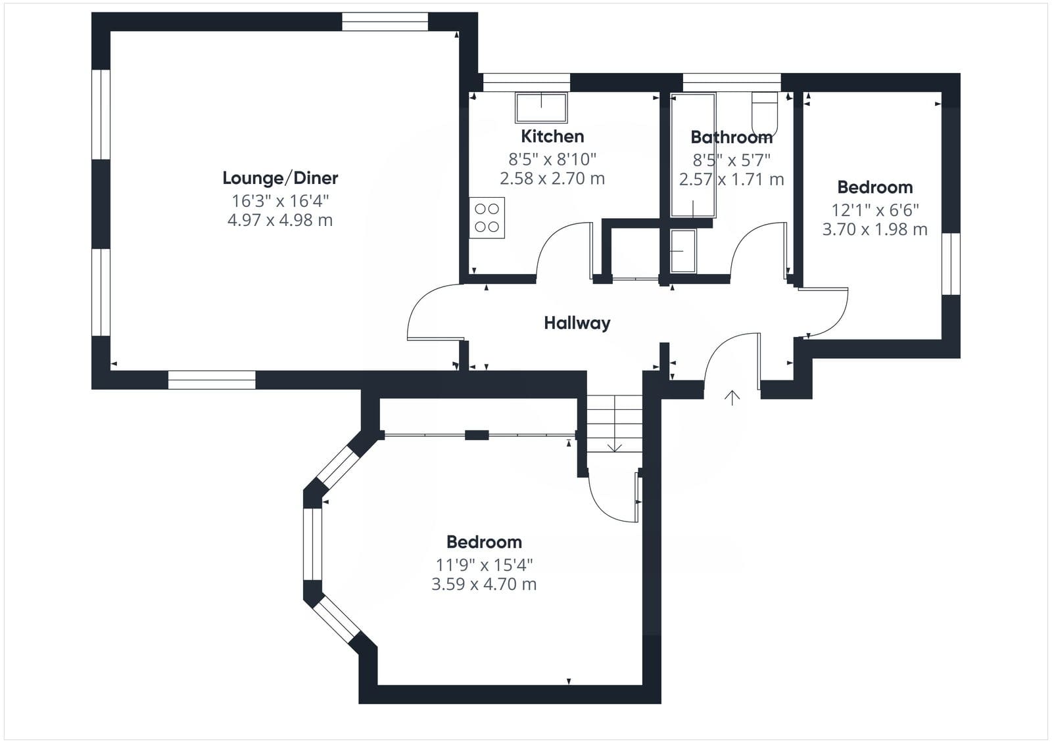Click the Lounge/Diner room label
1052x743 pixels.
pos(280,178)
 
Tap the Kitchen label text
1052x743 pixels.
pos(553,137)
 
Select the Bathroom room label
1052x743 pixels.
pos(731,137)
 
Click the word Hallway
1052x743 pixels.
pos(577,323)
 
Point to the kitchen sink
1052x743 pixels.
pos(541,108)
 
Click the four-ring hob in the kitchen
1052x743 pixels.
pos(487,218)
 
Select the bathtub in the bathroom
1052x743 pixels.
pos(693,155)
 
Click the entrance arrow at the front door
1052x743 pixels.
pos(732,397)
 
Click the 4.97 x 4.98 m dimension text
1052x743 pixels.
pos(280,220)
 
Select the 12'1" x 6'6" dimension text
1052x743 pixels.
pos(875,210)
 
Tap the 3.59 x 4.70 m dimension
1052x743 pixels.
pos(484,585)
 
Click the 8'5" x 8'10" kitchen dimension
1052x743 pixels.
pos(552,160)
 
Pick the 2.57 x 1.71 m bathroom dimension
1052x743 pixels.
pos(732,179)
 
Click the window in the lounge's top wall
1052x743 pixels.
pos(385,22)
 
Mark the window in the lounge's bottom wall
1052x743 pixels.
pos(212,380)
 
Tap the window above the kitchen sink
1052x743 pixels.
pos(527,82)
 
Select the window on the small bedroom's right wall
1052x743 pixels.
pos(951,264)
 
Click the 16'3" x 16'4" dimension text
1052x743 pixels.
pos(280,201)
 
